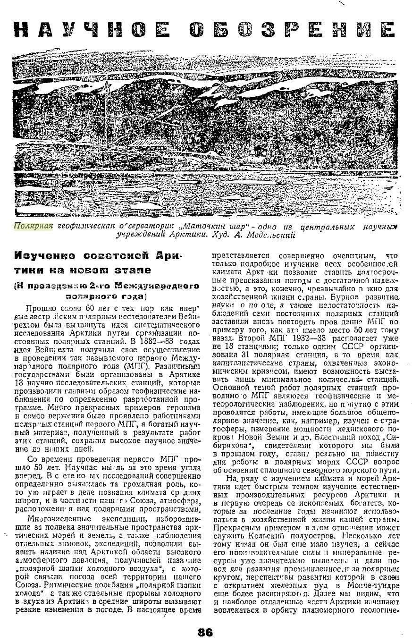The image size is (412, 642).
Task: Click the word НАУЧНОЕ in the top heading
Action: tap(92, 30)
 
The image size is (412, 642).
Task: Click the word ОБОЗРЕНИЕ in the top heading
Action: tap(292, 30)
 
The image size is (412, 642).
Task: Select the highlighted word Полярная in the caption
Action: tap(33, 226)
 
